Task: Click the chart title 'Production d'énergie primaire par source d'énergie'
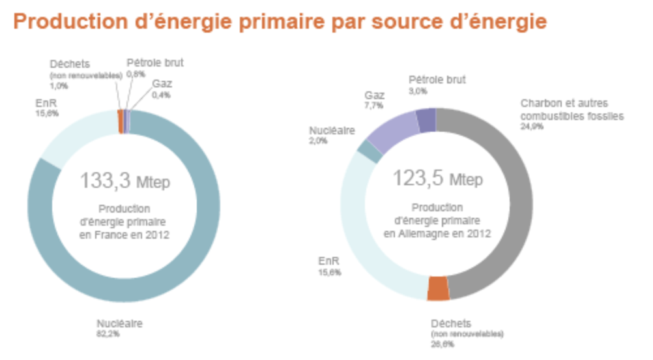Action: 280,22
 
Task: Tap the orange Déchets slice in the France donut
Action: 121,121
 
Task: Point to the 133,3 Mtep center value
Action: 124,181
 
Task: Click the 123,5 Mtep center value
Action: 437,178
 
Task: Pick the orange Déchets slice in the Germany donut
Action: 439,288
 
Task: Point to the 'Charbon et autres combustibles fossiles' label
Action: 572,110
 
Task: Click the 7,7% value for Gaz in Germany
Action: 373,105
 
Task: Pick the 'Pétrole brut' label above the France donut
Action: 154,63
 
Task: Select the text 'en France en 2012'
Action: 124,234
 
